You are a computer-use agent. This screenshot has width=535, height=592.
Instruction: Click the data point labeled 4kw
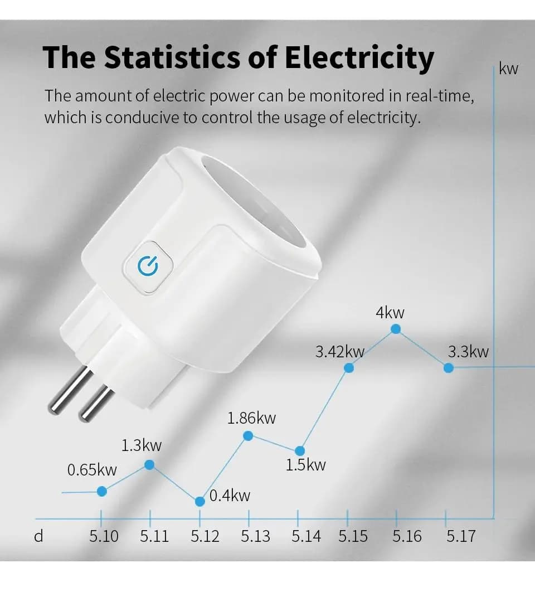pyautogui.click(x=396, y=329)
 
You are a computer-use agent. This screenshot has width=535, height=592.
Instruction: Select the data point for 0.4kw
pyautogui.click(x=200, y=501)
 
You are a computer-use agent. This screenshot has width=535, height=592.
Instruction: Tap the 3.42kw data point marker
pyautogui.click(x=349, y=367)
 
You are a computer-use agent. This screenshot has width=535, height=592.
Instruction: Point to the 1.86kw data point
pyautogui.click(x=249, y=436)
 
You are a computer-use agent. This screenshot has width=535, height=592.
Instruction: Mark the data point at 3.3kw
pyautogui.click(x=448, y=367)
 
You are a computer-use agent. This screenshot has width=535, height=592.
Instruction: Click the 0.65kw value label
pyautogui.click(x=92, y=470)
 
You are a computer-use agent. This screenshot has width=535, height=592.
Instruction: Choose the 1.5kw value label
pyautogui.click(x=305, y=465)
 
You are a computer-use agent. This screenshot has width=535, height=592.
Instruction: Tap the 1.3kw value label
pyautogui.click(x=142, y=445)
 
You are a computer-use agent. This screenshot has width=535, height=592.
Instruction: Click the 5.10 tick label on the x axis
pyautogui.click(x=104, y=536)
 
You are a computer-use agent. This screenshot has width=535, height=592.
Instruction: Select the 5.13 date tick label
pyautogui.click(x=255, y=536)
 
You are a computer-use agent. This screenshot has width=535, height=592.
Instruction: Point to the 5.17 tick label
pyautogui.click(x=461, y=536)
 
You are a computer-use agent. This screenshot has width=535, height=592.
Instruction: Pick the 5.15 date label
pyautogui.click(x=353, y=536)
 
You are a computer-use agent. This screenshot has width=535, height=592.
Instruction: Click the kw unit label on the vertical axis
pyautogui.click(x=508, y=69)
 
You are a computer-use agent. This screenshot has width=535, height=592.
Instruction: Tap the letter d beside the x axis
pyautogui.click(x=38, y=536)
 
